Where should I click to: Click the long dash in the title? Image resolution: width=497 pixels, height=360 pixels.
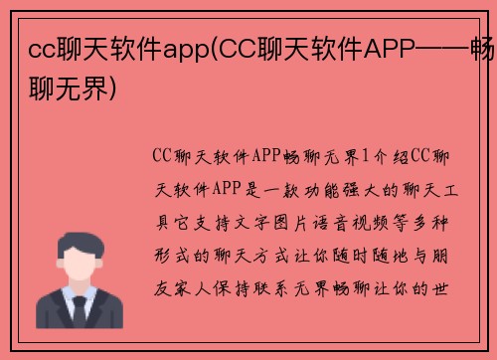438,45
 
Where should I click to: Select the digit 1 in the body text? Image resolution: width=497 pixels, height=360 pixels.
365,155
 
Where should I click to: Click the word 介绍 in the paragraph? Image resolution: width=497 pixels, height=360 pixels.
391,155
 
